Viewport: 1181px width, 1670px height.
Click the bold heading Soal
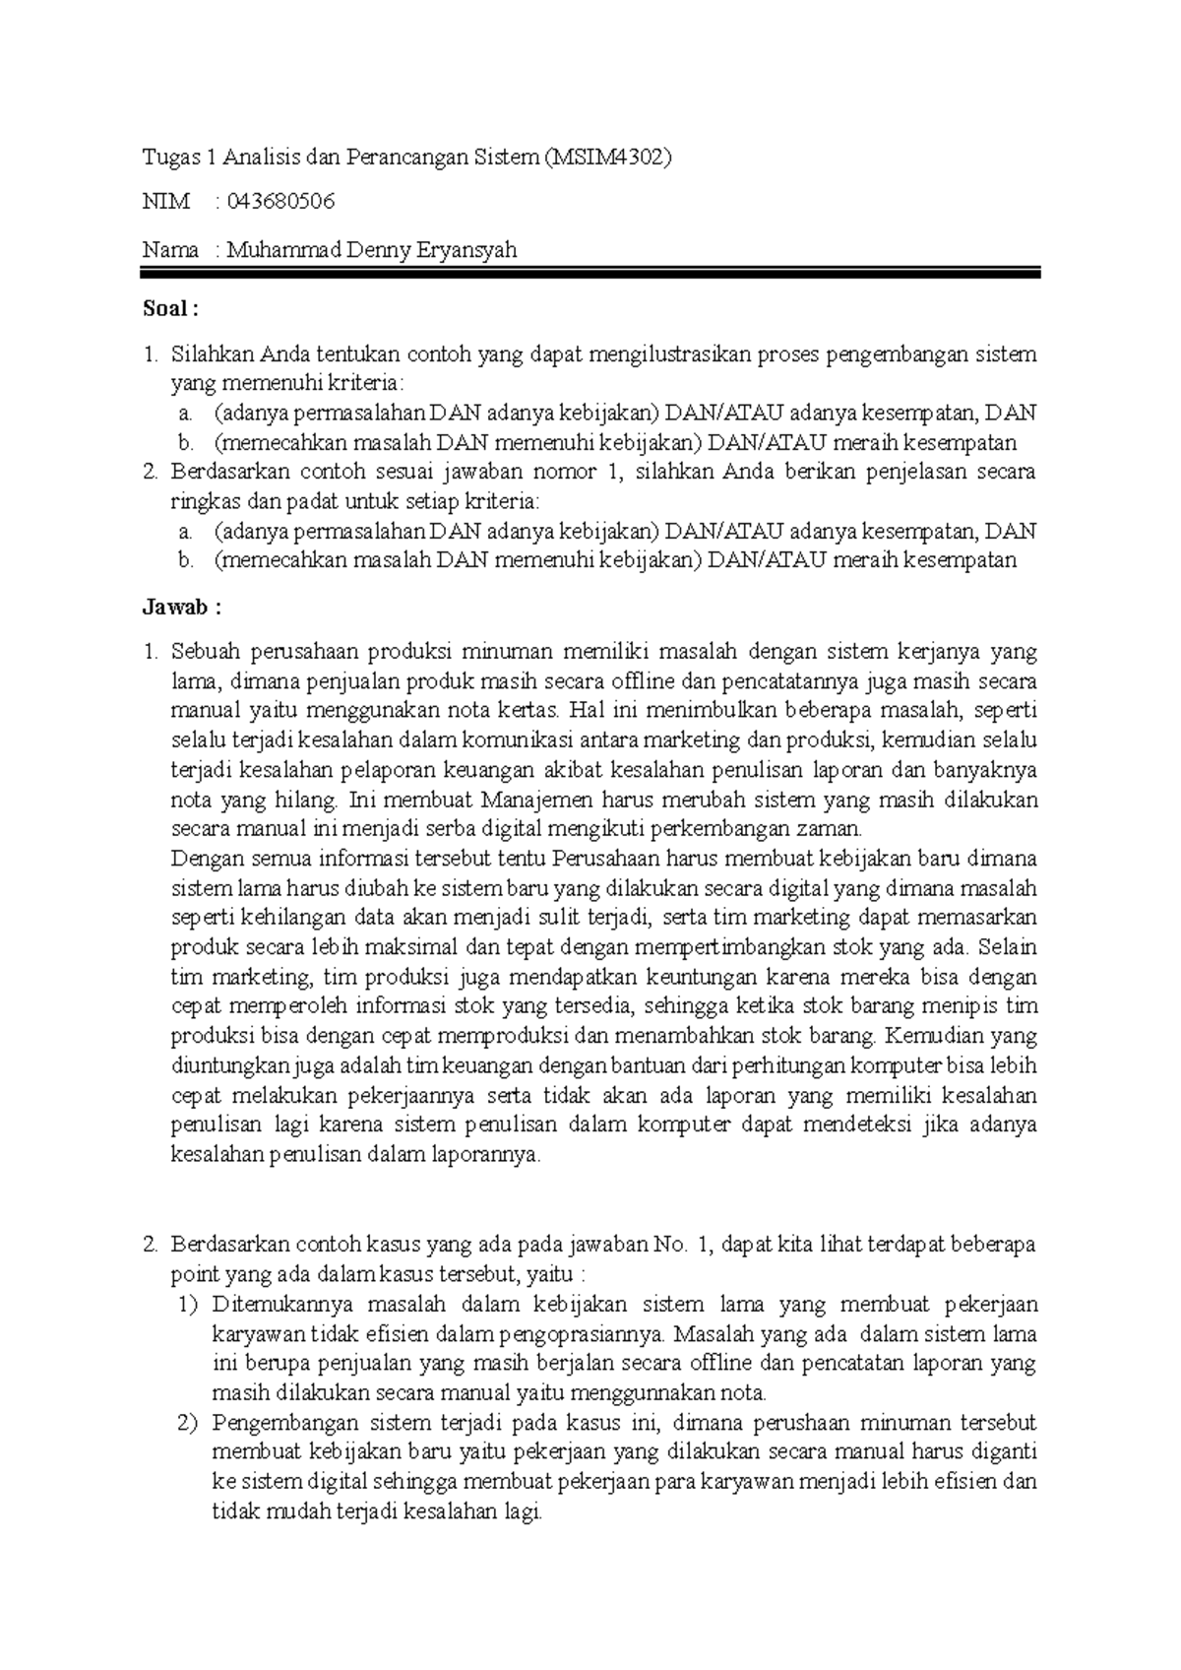(170, 309)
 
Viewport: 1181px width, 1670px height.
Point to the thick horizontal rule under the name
(590, 274)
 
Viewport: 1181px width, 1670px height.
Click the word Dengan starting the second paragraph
(202, 859)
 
